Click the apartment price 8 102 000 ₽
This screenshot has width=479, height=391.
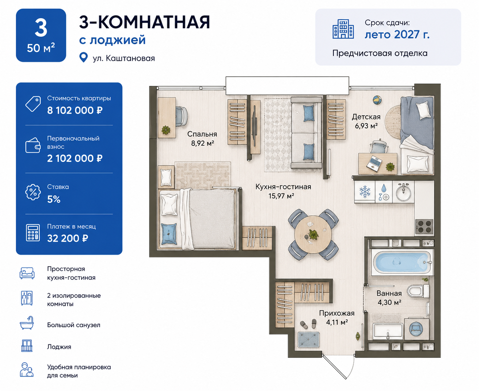[75, 111]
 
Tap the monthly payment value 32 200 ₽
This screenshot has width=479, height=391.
[68, 238]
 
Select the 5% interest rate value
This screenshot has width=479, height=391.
[54, 199]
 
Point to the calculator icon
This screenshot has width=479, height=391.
[33, 233]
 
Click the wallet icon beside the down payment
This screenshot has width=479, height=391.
[33, 145]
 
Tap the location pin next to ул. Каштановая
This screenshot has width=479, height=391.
[84, 57]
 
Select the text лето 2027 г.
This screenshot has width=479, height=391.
[397, 35]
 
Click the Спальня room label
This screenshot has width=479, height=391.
[202, 134]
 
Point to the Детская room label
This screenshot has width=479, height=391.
[366, 117]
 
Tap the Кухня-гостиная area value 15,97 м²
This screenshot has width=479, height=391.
[281, 196]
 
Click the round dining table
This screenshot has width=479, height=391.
[313, 235]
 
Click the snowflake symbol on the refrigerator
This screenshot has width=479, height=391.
[365, 192]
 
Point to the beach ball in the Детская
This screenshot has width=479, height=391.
[377, 100]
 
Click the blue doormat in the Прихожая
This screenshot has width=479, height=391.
[309, 340]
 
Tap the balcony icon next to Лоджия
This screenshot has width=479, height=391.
[27, 346]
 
